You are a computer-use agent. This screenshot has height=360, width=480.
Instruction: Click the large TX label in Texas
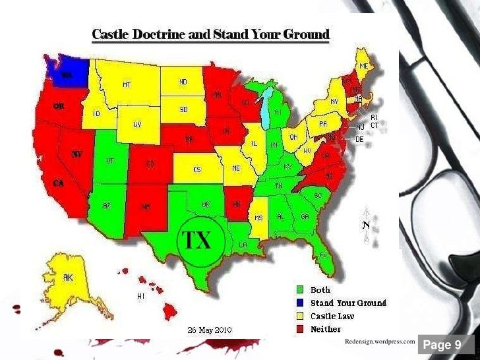click(196, 240)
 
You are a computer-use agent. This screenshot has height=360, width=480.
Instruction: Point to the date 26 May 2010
click(209, 330)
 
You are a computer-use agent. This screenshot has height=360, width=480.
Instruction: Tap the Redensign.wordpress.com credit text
click(380, 342)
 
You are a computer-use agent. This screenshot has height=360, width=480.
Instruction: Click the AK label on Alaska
click(67, 278)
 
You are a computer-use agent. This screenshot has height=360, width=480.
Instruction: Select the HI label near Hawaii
click(140, 296)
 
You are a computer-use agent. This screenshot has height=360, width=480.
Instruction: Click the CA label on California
click(59, 183)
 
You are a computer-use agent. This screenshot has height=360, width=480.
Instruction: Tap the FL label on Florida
click(324, 255)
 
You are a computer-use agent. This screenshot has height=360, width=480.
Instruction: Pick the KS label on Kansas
click(196, 169)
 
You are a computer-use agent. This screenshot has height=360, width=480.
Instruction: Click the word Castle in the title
click(114, 34)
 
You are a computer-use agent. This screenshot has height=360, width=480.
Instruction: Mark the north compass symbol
click(365, 224)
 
